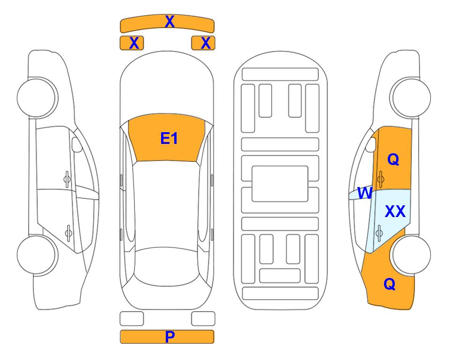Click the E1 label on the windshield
pos(169,138)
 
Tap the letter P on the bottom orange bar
pos(170,337)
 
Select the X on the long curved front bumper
pos(170,22)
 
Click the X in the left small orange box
pos(134,43)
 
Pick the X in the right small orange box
pos(206,43)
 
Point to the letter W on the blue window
pos(365,193)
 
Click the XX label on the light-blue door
pos(395,211)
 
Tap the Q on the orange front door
pos(393,159)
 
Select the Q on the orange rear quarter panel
pos(390,284)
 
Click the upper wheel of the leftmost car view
pos(37,97)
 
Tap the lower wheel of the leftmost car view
pos(37,255)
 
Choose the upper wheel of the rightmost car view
pos(410,97)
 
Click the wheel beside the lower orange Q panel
pos(410,255)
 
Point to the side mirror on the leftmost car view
pos(77,144)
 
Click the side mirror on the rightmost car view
pos(370,144)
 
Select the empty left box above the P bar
pos(132,319)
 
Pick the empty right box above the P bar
pos(203,319)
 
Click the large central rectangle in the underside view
pos(280,184)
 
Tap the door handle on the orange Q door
pos(381,179)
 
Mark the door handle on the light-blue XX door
pos(379,233)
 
